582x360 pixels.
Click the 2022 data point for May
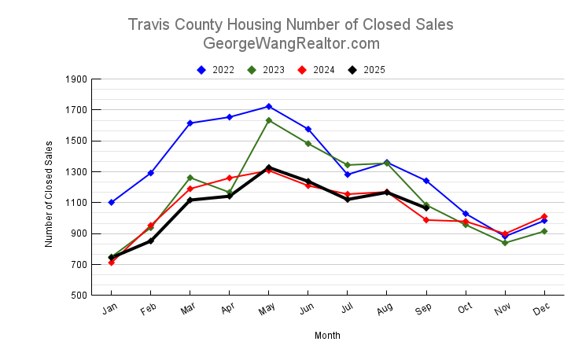(269, 106)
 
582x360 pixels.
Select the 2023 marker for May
(269, 120)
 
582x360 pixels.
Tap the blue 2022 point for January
(112, 202)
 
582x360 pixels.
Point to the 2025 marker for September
(426, 208)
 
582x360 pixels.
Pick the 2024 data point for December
(544, 216)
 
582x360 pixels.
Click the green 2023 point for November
(505, 243)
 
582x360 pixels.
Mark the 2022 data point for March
(190, 123)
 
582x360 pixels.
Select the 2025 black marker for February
(151, 241)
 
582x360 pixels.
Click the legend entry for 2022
(215, 70)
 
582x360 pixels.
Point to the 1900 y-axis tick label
(76, 79)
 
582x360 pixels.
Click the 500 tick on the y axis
(79, 296)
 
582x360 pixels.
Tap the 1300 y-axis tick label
(76, 172)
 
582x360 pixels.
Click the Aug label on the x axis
(384, 311)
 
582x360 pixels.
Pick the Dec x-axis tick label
(541, 311)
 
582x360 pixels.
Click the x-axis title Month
(327, 336)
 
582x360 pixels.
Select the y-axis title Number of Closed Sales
(49, 194)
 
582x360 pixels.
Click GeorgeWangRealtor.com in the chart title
(291, 44)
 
